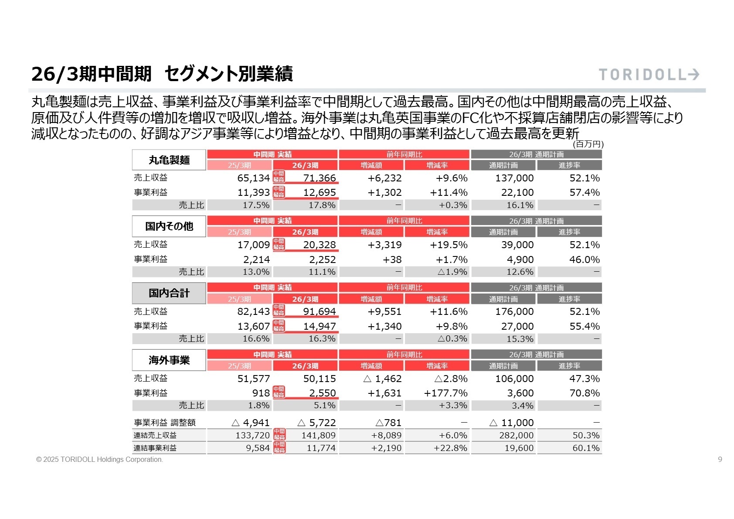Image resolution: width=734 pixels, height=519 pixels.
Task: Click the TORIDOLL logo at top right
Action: pyautogui.click(x=649, y=75)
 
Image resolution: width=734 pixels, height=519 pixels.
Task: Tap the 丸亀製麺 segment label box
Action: pyautogui.click(x=169, y=160)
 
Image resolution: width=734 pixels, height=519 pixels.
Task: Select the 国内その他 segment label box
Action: pyautogui.click(x=169, y=226)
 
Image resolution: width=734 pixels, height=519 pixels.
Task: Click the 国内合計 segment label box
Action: pyautogui.click(x=169, y=293)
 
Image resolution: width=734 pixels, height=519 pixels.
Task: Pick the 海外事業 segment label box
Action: pyautogui.click(x=169, y=360)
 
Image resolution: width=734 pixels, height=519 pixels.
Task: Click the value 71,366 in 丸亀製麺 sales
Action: pyautogui.click(x=319, y=178)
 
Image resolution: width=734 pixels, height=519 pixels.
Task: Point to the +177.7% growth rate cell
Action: pyautogui.click(x=445, y=393)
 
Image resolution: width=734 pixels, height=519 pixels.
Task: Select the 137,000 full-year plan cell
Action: pyautogui.click(x=514, y=178)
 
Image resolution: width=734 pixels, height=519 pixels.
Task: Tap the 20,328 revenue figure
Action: pyautogui.click(x=319, y=245)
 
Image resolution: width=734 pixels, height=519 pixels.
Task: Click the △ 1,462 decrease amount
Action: pyautogui.click(x=383, y=379)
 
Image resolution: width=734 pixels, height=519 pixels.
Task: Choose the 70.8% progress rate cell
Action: pyautogui.click(x=584, y=393)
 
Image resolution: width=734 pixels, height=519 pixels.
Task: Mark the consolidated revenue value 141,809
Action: pyautogui.click(x=319, y=435)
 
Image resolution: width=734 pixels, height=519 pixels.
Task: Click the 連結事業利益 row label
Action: pyautogui.click(x=155, y=448)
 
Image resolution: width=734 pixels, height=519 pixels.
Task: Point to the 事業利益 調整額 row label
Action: pyautogui.click(x=165, y=423)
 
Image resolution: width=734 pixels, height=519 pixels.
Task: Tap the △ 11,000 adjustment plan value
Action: pyautogui.click(x=511, y=423)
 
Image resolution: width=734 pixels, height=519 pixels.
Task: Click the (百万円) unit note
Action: pyautogui.click(x=588, y=144)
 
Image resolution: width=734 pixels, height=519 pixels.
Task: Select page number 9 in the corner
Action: pyautogui.click(x=720, y=459)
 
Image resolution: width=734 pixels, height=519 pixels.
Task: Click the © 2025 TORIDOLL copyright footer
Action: pyautogui.click(x=100, y=460)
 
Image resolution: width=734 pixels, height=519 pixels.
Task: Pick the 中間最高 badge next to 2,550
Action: pyautogui.click(x=279, y=392)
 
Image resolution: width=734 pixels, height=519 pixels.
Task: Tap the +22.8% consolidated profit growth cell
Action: pyautogui.click(x=450, y=448)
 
